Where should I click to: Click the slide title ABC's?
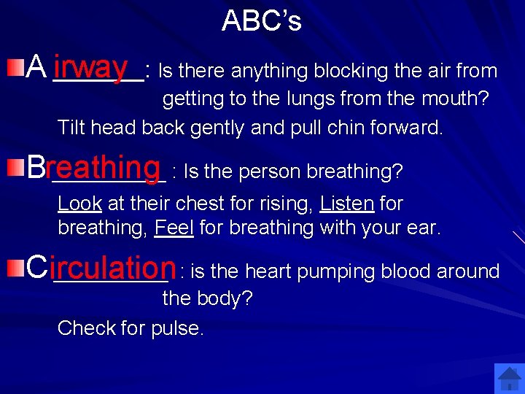[x=261, y=20]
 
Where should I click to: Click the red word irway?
[x=90, y=67]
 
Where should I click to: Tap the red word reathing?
[x=102, y=168]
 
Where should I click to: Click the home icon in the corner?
[x=508, y=379]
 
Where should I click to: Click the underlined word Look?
[x=79, y=204]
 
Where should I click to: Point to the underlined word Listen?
[x=347, y=204]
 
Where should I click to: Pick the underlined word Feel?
[x=174, y=228]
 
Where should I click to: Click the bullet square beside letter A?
[x=15, y=69]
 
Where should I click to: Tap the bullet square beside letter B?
[x=15, y=169]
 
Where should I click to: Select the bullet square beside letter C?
[x=15, y=269]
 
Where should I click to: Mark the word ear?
[x=424, y=228]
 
